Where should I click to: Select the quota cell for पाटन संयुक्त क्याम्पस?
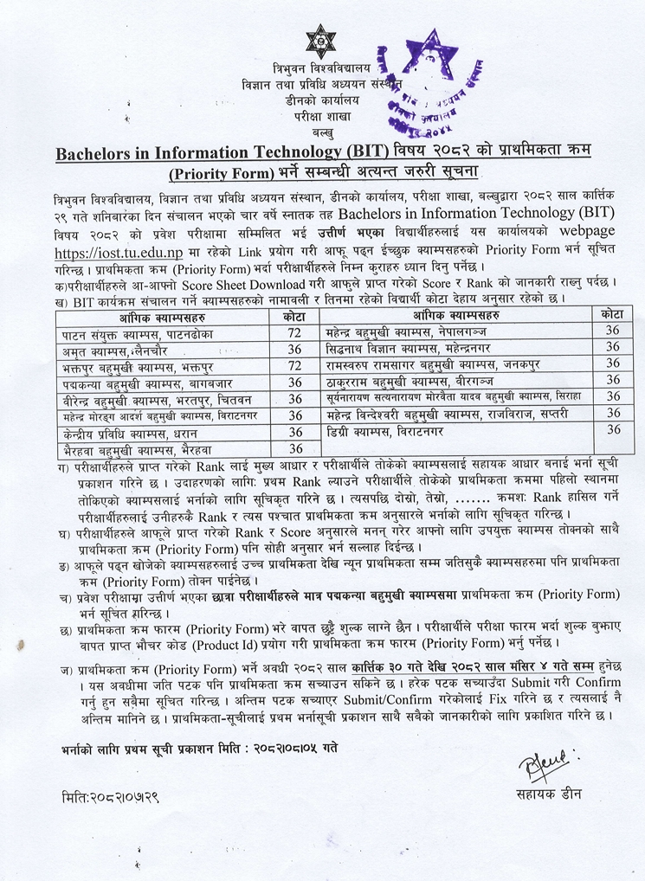pyautogui.click(x=294, y=333)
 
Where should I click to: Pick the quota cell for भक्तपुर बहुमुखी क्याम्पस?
pyautogui.click(x=294, y=365)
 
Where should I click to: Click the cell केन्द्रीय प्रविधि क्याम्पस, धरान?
pyautogui.click(x=130, y=431)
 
